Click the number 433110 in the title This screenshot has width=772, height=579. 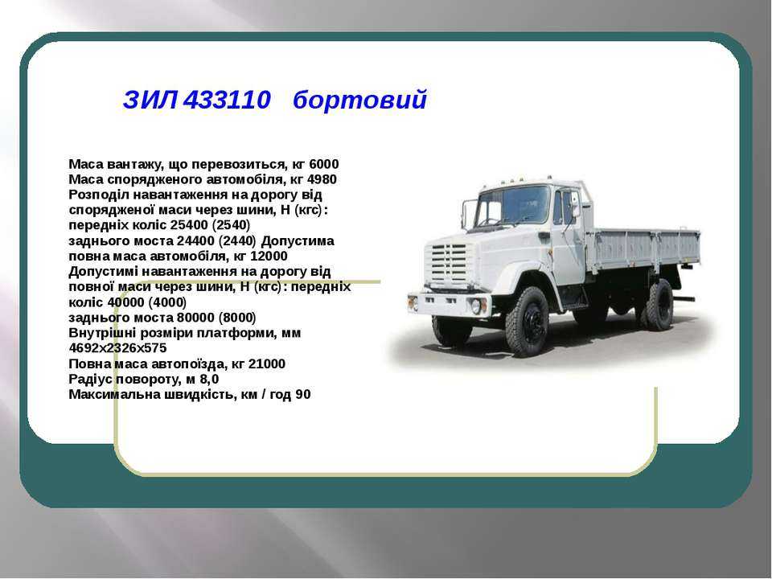tap(227, 100)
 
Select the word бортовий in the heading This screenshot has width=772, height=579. tap(359, 100)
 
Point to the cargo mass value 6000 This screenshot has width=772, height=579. tap(324, 164)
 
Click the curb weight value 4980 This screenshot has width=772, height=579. tap(322, 179)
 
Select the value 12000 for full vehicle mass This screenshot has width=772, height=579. tap(269, 257)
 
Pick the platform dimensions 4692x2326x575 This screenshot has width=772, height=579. tap(117, 348)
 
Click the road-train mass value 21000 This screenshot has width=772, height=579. tap(267, 364)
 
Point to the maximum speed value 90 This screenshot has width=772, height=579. tap(303, 395)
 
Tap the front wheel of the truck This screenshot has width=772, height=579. tap(528, 322)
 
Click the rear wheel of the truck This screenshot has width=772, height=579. tap(659, 305)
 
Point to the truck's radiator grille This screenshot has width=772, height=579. tap(446, 265)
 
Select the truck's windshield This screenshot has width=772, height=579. tap(513, 205)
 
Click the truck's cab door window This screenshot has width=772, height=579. tap(565, 207)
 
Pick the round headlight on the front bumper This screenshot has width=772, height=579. tap(477, 306)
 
